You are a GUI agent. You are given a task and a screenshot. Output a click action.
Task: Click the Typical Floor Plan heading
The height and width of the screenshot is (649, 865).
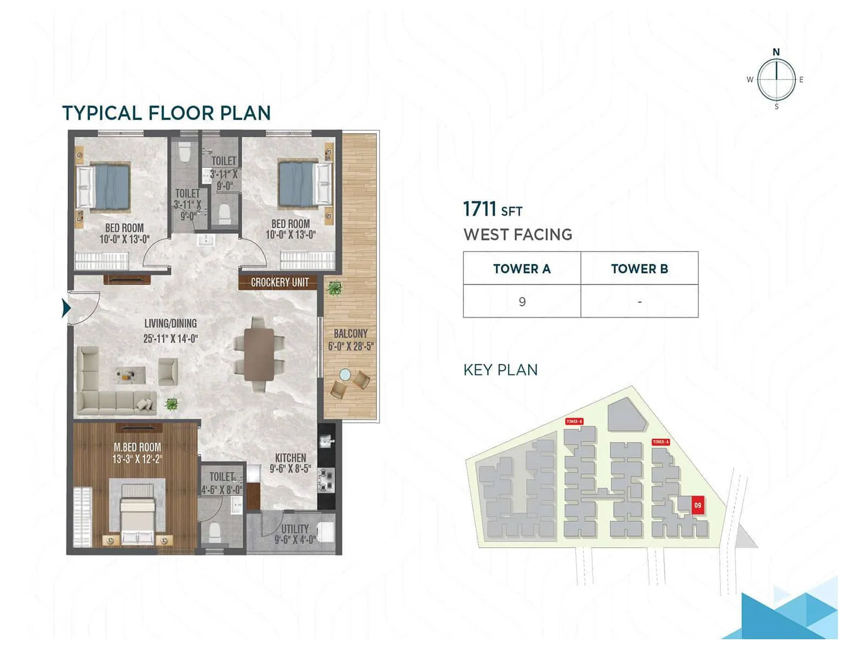[166, 113]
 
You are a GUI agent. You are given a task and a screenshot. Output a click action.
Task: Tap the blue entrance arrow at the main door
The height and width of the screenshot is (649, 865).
[66, 308]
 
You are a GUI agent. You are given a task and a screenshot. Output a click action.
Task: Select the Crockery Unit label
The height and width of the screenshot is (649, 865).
[279, 282]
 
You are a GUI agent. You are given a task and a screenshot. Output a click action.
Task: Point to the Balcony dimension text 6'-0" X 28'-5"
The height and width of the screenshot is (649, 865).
[350, 346]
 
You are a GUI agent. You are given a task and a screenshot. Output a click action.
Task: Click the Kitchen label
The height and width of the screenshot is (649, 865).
[290, 458]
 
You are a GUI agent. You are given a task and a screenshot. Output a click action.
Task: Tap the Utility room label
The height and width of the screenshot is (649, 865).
[295, 529]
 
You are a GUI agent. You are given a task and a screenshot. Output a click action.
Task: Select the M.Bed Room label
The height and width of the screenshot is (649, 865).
[137, 447]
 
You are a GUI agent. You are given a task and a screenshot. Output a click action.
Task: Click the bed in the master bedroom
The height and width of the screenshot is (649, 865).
[137, 514]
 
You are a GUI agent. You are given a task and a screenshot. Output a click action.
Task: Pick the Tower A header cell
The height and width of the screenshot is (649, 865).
[522, 269]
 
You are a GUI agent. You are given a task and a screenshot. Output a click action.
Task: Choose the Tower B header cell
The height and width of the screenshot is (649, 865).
[640, 269]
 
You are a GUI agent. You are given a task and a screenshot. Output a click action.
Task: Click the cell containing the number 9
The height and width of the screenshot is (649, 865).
[522, 302]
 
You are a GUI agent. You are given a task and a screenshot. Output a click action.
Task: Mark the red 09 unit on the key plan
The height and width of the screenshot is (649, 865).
[697, 505]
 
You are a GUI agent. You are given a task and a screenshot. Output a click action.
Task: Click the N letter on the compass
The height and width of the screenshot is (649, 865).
[776, 52]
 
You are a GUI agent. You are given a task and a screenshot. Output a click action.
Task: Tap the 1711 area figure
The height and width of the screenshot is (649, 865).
[480, 209]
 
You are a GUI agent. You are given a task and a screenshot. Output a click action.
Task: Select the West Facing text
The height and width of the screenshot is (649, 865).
[517, 235]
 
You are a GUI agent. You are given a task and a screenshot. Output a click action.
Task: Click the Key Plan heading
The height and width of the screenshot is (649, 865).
[500, 370]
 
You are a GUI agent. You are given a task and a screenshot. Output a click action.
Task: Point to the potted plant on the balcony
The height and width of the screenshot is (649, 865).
[334, 288]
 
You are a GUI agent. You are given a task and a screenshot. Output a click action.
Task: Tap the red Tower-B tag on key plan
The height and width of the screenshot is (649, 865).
[574, 421]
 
